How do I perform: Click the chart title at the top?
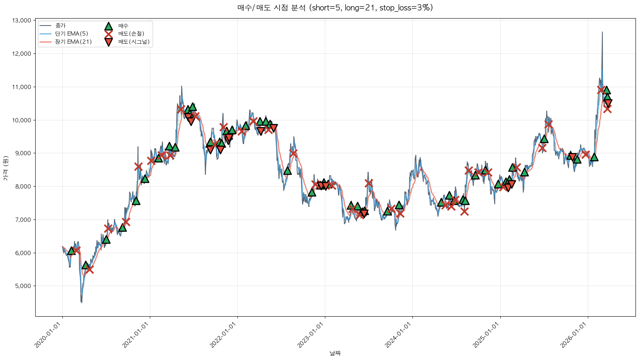tap(335, 8)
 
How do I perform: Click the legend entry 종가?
tap(60, 26)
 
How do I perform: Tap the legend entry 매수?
tap(123, 26)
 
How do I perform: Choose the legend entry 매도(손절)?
tap(131, 34)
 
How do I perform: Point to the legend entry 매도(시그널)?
tap(134, 42)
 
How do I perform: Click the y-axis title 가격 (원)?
tap(5, 168)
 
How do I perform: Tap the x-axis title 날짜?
tap(335, 353)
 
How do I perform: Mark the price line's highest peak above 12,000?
tap(602, 32)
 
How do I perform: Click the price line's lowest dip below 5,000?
tap(81, 302)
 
